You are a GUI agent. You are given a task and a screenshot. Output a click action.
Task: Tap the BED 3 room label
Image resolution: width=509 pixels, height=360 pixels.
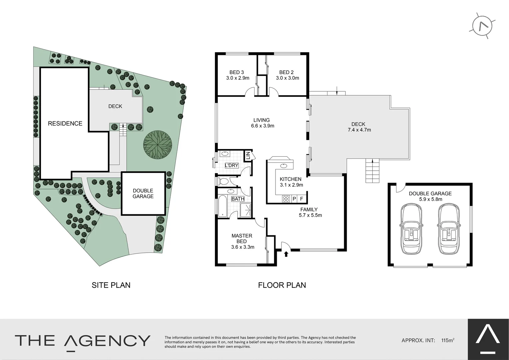tap(237, 72)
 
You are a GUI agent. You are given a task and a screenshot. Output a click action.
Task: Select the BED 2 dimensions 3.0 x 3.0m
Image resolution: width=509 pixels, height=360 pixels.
tap(287, 78)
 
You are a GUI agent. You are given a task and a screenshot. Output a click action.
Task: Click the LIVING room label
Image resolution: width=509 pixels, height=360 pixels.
tap(261, 120)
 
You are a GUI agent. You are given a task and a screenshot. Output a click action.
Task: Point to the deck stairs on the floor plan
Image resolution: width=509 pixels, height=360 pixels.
tap(372, 171)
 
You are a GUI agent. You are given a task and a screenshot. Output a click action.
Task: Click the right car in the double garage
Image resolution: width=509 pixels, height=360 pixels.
tap(449, 229)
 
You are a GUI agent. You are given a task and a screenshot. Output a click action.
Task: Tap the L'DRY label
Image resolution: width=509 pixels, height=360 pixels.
tap(232, 165)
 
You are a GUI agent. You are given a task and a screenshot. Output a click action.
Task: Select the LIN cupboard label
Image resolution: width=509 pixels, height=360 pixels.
tap(248, 155)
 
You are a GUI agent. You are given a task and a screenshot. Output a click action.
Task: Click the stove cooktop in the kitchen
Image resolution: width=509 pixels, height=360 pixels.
tap(286, 199)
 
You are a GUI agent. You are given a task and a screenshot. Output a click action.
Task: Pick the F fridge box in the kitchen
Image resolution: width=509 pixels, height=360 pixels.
tap(302, 199)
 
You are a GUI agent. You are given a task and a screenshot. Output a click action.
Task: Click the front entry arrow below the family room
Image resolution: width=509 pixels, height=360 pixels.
tap(286, 254)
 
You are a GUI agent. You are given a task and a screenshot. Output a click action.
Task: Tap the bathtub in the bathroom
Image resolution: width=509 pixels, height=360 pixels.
tap(222, 206)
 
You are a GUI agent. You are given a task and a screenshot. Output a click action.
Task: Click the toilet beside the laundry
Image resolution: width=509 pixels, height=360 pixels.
tap(224, 182)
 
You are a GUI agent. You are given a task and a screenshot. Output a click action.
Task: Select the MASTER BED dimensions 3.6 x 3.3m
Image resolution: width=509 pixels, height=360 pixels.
tap(243, 247)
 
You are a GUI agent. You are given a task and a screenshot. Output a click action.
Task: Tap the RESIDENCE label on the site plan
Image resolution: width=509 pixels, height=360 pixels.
tap(65, 123)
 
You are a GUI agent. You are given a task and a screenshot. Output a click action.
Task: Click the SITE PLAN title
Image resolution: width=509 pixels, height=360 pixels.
tap(111, 285)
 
